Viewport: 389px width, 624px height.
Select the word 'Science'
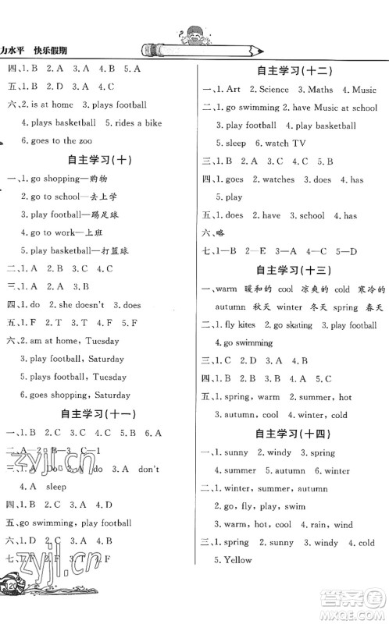point(273,90)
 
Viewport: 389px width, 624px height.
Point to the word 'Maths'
point(320,90)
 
